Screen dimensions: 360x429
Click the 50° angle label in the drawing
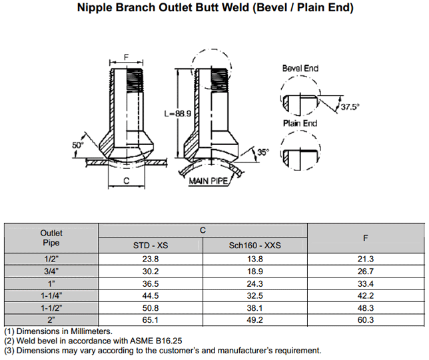[78, 144]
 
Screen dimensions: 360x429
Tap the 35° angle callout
[263, 153]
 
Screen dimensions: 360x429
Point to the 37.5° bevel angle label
[350, 106]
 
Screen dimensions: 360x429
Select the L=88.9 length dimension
[178, 114]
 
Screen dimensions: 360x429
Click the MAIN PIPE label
[209, 180]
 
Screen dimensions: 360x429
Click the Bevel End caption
[300, 69]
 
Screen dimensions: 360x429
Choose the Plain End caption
[300, 123]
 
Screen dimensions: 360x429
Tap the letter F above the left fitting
[127, 58]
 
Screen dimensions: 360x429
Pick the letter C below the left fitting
[126, 180]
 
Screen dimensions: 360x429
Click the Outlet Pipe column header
[51, 238]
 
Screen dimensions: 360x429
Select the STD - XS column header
[151, 246]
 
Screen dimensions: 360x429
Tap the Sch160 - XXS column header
[255, 246]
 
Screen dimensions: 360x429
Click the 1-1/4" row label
[51, 295]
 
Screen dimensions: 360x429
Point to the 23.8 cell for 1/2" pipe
[151, 259]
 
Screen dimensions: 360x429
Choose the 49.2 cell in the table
[255, 319]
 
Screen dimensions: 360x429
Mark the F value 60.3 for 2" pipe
[365, 319]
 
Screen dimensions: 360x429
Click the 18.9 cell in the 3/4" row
[255, 271]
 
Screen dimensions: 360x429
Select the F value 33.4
[365, 283]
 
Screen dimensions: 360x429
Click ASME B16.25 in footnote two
[137, 341]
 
